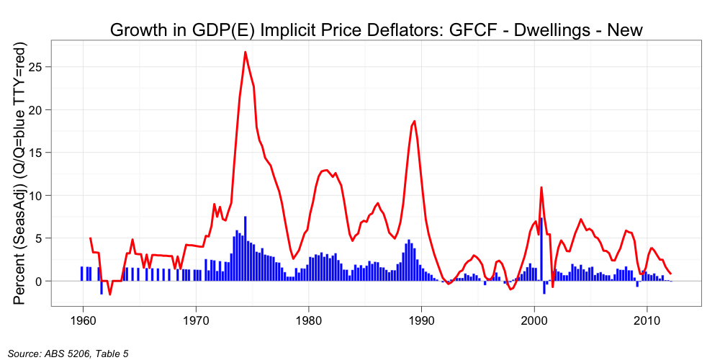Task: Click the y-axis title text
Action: pos(21,173)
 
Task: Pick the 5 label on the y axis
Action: pos(44,238)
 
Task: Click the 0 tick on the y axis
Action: pos(44,281)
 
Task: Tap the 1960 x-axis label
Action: pos(83,320)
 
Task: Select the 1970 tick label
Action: pos(196,320)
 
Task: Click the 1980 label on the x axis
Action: pos(308,320)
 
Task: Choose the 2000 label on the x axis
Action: pos(534,320)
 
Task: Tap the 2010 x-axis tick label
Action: pos(647,320)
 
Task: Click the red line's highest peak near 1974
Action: pos(246,52)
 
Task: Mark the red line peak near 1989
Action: pos(414,121)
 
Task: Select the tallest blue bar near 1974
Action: pos(246,248)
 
